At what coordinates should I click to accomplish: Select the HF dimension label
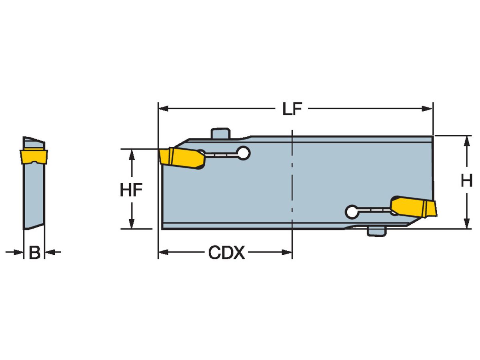point(131,190)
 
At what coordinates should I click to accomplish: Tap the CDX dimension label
point(226,252)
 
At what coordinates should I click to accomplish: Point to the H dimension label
point(466,181)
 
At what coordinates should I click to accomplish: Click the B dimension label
point(35,252)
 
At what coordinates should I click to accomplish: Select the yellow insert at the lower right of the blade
point(414,207)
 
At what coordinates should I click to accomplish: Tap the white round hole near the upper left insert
point(243,152)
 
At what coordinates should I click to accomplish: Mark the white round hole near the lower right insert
point(352,212)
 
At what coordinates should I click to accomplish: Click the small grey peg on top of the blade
point(220,133)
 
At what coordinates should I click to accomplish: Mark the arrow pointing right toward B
point(18,252)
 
